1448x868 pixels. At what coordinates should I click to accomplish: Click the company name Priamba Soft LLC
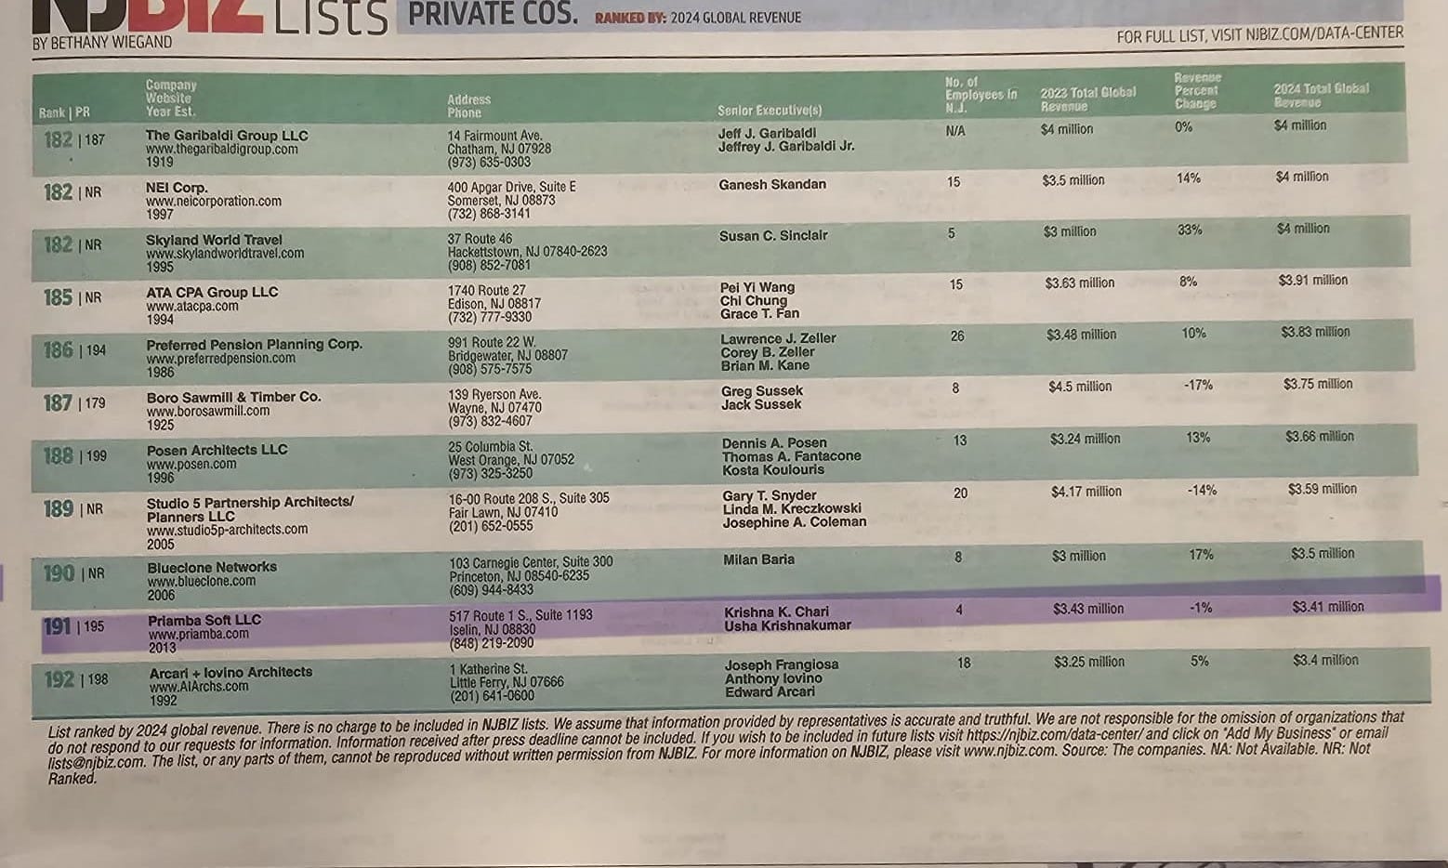click(204, 620)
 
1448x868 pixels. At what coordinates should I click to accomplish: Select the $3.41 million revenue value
click(1327, 607)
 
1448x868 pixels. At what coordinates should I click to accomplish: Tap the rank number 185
click(58, 297)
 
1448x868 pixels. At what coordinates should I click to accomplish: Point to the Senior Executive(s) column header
click(770, 111)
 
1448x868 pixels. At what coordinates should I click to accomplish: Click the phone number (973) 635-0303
click(489, 162)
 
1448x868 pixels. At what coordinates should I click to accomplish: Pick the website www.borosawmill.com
click(207, 411)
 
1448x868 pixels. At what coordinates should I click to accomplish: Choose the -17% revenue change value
click(1197, 385)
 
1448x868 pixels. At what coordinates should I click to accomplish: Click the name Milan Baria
click(758, 559)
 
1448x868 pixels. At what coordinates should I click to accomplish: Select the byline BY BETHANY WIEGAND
click(102, 43)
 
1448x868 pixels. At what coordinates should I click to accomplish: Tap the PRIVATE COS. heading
click(493, 15)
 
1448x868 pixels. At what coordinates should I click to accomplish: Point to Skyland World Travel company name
click(214, 240)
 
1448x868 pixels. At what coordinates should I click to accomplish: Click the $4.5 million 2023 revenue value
click(1079, 387)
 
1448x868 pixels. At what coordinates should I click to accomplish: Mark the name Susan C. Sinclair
click(773, 236)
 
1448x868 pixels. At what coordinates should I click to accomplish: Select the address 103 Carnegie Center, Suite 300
click(531, 562)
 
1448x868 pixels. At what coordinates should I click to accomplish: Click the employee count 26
click(956, 336)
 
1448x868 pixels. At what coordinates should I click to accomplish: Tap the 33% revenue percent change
click(1190, 230)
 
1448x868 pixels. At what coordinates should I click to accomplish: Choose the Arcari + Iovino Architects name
click(230, 672)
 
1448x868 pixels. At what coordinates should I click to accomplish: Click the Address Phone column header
click(468, 106)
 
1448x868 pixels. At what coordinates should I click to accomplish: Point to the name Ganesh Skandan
click(771, 184)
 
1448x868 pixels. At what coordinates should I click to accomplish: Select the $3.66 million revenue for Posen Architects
click(1319, 436)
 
